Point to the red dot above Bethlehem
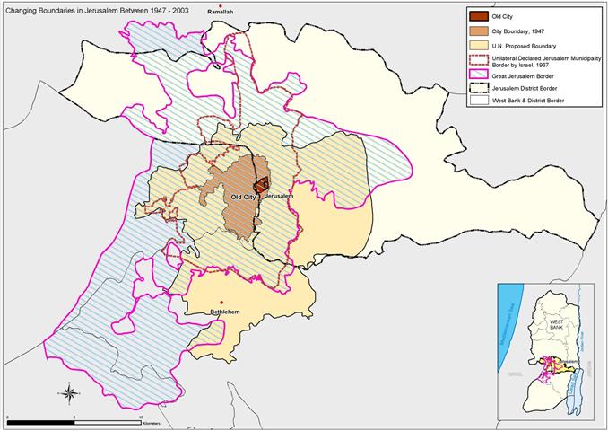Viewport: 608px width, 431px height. click(221, 303)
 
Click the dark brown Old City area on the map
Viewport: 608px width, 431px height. click(261, 185)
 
